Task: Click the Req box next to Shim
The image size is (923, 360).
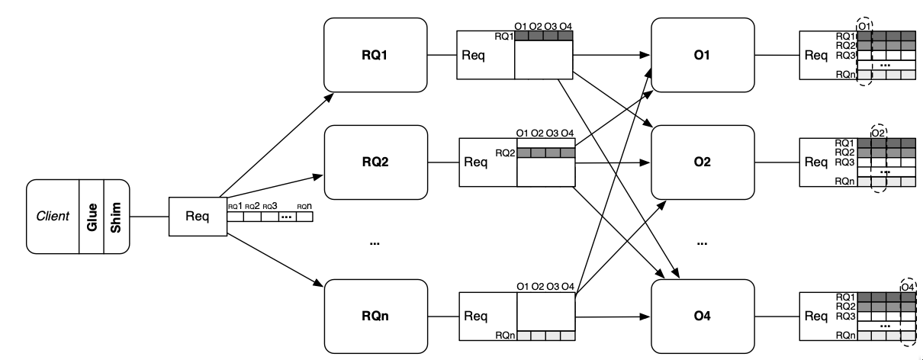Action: (x=198, y=215)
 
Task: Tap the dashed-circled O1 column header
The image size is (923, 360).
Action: (x=864, y=26)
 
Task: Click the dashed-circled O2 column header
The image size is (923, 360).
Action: (x=879, y=133)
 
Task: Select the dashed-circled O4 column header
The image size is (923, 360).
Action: (x=908, y=286)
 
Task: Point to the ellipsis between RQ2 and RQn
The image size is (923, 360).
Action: (x=374, y=243)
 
